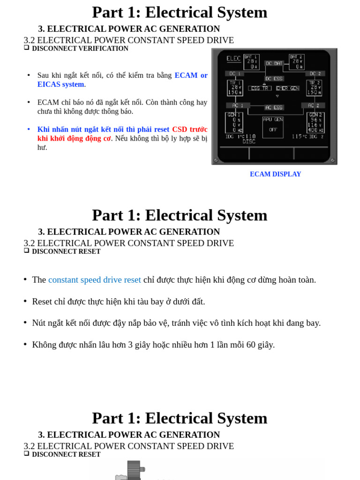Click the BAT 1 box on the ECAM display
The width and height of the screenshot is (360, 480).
point(251,62)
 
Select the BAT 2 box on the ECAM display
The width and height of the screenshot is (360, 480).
point(297,62)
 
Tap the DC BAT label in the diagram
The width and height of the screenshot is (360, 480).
point(274,63)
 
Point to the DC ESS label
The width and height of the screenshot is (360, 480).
point(274,79)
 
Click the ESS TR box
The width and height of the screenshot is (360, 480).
point(259,88)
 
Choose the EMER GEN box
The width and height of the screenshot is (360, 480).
point(287,88)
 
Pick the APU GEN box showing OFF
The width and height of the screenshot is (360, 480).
point(273,127)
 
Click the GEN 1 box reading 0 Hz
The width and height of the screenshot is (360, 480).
point(234,122)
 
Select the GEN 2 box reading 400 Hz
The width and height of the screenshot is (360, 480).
point(315,122)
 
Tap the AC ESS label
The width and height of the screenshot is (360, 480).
point(274,107)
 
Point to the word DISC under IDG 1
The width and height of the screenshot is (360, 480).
point(249,142)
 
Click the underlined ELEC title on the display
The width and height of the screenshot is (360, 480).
point(233,59)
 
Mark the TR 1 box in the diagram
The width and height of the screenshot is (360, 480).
point(235,88)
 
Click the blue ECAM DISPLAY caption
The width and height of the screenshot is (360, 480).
point(275,174)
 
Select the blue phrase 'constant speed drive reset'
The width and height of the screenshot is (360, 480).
point(94,280)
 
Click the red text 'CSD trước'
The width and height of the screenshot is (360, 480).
point(189,129)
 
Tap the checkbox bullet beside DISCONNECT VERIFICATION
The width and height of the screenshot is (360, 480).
point(27,48)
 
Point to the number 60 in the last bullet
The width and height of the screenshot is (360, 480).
point(251,345)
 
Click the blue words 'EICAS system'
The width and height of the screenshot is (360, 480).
point(60,84)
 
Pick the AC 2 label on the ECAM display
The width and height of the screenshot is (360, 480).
point(314,105)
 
